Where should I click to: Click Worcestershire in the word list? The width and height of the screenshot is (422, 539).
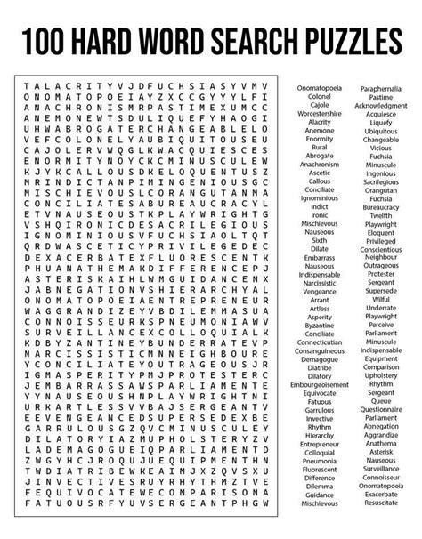pyautogui.click(x=319, y=115)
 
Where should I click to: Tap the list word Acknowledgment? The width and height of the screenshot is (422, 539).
pyautogui.click(x=382, y=106)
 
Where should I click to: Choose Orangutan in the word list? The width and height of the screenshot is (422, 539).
pyautogui.click(x=382, y=189)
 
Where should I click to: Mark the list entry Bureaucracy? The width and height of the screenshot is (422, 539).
pyautogui.click(x=382, y=206)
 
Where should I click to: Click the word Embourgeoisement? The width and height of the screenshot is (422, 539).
pyautogui.click(x=319, y=383)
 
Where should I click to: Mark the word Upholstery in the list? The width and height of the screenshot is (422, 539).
pyautogui.click(x=382, y=374)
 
